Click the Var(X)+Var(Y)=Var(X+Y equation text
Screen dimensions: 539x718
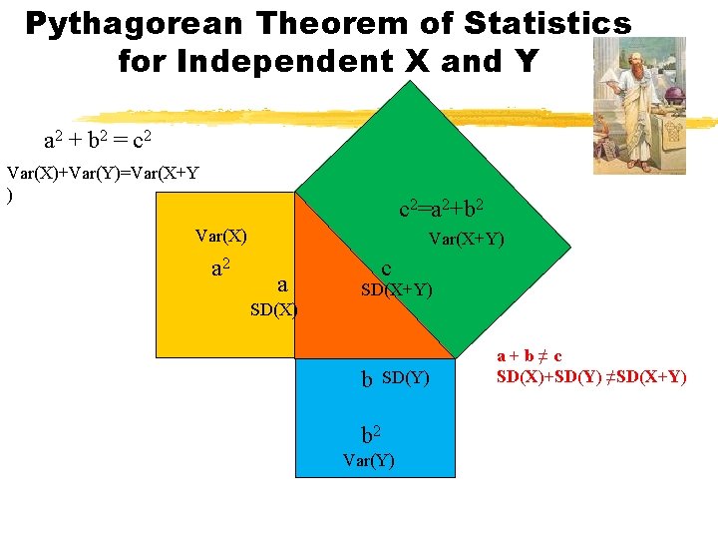[103, 173]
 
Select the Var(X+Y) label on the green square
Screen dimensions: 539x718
[466, 240]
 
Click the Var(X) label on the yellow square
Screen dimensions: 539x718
[221, 237]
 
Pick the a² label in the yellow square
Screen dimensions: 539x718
[221, 268]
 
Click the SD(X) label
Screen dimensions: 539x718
[273, 309]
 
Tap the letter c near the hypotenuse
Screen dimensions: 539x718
[386, 269]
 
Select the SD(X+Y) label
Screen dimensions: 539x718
[396, 290]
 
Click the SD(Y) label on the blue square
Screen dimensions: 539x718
[405, 377]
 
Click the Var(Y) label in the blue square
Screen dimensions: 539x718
[368, 460]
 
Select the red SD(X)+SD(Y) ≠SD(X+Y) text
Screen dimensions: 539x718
[590, 376]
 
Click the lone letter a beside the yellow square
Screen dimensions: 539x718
[282, 285]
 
